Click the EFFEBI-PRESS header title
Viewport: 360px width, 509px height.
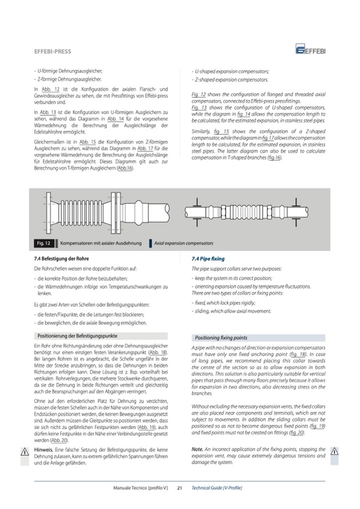coord(52,51)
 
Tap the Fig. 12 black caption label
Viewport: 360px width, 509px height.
coord(44,243)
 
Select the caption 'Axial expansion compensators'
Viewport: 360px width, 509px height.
coord(184,243)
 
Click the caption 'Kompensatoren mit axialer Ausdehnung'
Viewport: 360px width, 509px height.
coord(101,243)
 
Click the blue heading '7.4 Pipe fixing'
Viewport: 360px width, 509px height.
coord(208,259)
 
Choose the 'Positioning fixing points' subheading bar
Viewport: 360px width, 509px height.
coord(221,338)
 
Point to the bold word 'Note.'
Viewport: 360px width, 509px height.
coord(197,449)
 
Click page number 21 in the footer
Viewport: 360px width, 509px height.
coord(179,487)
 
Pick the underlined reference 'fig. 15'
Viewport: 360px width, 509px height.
coord(221,131)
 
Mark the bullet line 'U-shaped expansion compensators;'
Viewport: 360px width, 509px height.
coord(232,71)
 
